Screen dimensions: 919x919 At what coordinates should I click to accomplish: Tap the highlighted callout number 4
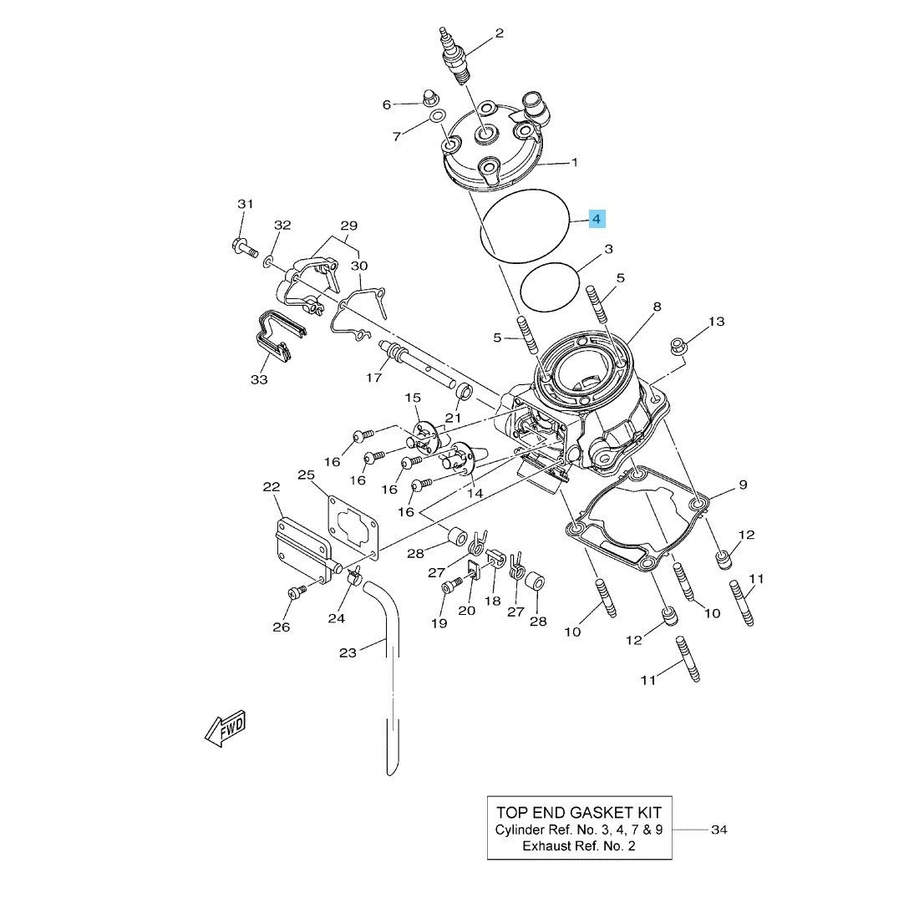[596, 220]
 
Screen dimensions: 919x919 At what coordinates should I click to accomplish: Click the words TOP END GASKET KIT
[578, 812]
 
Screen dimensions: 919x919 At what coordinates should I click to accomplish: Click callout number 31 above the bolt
[244, 205]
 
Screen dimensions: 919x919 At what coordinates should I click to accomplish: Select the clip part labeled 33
[272, 335]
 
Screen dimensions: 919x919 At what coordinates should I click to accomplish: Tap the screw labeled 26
[296, 592]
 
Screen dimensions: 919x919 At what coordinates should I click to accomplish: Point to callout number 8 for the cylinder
[657, 307]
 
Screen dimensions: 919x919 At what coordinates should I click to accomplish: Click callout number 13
[716, 322]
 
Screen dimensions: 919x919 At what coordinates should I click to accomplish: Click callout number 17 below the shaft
[374, 378]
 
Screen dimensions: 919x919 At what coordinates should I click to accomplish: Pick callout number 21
[453, 418]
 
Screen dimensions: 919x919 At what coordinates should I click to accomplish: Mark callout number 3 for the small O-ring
[609, 249]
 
